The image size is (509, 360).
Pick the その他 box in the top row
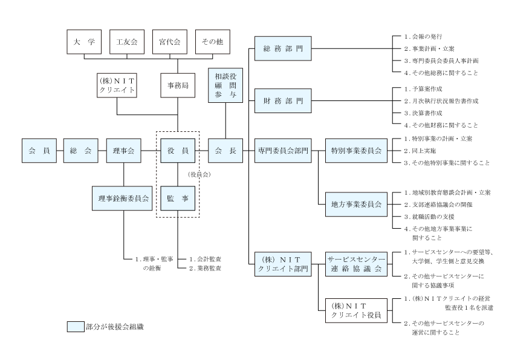pyautogui.click(x=212, y=42)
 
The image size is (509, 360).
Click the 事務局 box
pyautogui.click(x=178, y=85)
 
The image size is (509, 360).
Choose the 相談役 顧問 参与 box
pyautogui.click(x=225, y=85)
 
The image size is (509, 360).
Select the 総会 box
pyautogui.click(x=81, y=151)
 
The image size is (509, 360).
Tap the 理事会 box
pyautogui.click(x=123, y=151)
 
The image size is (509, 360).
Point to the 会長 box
pyautogui.click(x=225, y=151)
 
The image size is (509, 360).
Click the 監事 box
pyautogui.click(x=178, y=198)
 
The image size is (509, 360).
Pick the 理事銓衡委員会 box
pyautogui.click(x=123, y=198)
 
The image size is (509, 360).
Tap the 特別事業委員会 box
pyautogui.click(x=356, y=151)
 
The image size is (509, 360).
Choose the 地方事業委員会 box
pyautogui.click(x=356, y=204)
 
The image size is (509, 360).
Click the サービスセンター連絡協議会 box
pyautogui.click(x=356, y=263)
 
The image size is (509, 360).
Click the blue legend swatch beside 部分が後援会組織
pyautogui.click(x=74, y=327)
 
